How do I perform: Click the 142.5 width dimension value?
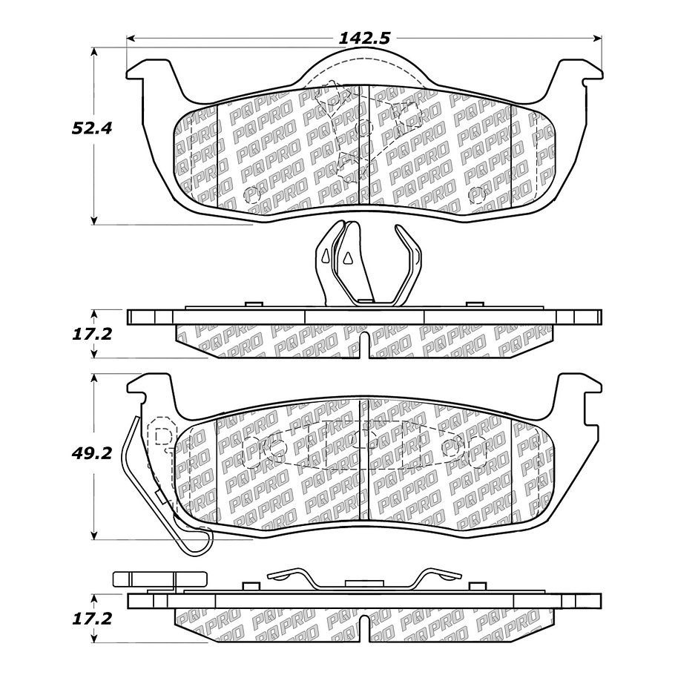[x=364, y=39]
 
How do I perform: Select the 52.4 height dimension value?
[x=91, y=128]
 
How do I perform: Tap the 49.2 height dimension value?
[x=91, y=453]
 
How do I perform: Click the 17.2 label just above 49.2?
[x=91, y=334]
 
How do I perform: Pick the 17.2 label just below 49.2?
[x=91, y=619]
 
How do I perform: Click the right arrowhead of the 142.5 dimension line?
[x=598, y=39]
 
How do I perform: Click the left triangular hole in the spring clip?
[x=326, y=255]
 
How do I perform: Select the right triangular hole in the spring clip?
[x=347, y=257]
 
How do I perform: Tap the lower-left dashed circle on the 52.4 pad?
[x=252, y=195]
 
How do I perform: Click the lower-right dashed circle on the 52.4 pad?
[x=476, y=196]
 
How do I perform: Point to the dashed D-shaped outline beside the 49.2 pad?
[x=162, y=436]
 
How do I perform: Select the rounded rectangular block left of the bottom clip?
[x=159, y=579]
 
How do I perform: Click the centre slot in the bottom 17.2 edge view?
[x=364, y=629]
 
